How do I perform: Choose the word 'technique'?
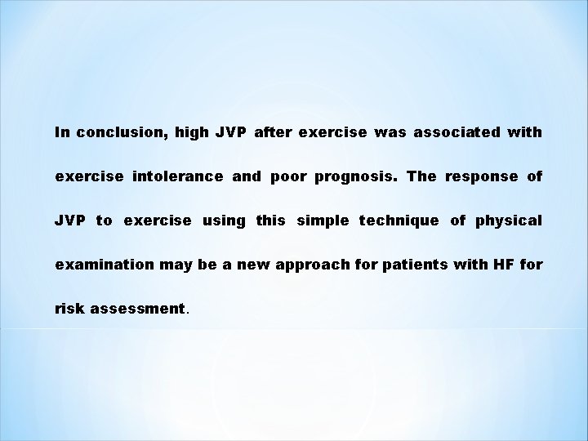(x=398, y=220)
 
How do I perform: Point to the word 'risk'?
(x=68, y=310)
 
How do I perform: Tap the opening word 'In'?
(x=63, y=131)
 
